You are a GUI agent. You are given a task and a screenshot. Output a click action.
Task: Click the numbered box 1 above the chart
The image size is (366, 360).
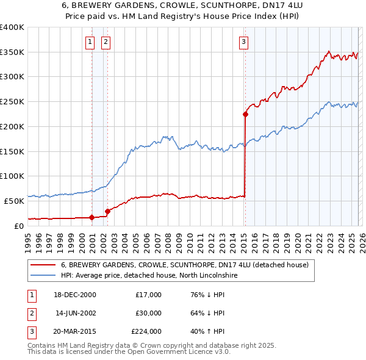coord(90,42)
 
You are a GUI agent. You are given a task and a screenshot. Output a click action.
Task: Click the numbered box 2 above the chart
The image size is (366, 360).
coord(106,42)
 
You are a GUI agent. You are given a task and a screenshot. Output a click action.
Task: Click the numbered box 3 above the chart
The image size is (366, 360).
coord(243,42)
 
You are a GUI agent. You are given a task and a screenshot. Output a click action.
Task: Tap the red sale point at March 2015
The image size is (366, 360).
coord(245,114)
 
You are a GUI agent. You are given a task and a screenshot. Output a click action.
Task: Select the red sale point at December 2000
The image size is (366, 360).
coord(92,217)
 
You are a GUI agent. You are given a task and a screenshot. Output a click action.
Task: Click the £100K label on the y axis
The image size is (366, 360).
coord(12,176)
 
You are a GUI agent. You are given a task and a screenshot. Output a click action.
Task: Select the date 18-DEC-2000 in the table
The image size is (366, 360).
coord(74,295)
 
